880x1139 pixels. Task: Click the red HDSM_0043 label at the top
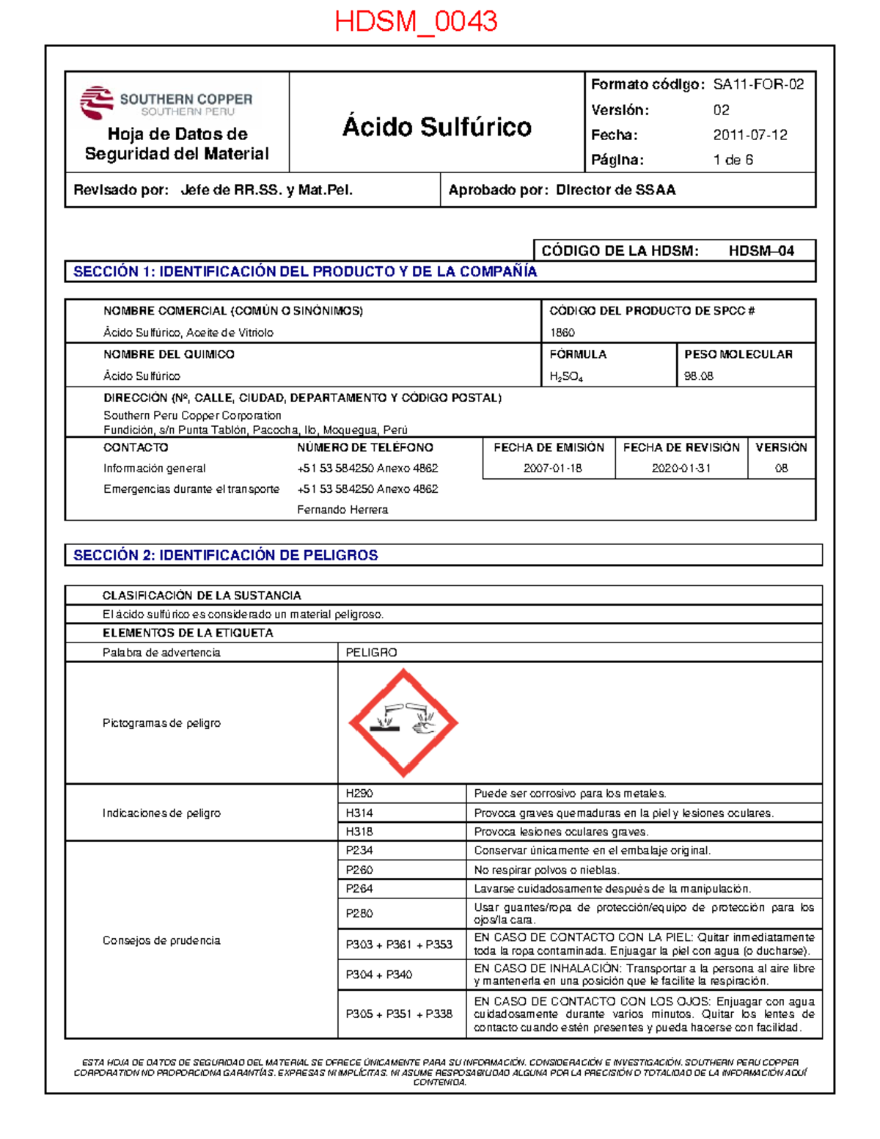coord(416,21)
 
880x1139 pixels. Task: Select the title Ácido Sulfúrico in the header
coord(436,127)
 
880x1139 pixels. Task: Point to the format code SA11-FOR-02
coord(758,84)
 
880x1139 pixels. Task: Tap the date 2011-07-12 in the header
coord(750,135)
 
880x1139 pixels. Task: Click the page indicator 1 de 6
coord(733,160)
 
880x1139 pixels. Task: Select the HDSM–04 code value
coord(761,251)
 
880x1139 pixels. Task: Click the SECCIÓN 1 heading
coord(305,271)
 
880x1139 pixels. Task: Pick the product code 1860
coord(562,332)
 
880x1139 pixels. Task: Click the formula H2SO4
coord(566,377)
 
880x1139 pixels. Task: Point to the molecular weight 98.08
coord(699,376)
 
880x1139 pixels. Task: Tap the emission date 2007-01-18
coord(552,468)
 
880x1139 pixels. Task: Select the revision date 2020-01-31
coord(681,468)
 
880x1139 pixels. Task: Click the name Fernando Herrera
coord(342,510)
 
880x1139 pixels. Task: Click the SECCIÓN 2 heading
coord(225,555)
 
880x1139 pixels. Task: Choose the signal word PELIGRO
coord(371,653)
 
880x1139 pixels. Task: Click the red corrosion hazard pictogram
coord(403,723)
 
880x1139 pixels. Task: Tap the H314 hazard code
coord(359,813)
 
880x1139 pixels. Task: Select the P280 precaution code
coord(359,913)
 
